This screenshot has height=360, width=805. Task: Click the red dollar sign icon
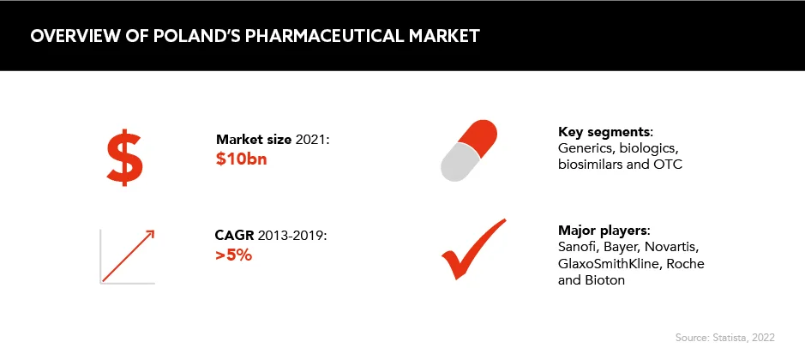point(125,158)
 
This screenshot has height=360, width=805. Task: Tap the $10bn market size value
point(241,159)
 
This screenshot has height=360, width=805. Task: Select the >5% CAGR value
point(233,255)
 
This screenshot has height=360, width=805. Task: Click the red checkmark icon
point(473,249)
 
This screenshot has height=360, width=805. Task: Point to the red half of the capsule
point(478,136)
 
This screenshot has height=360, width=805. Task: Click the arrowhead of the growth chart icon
point(149,236)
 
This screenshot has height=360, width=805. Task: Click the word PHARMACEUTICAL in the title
point(321,36)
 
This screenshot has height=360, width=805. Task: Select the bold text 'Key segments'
point(604,132)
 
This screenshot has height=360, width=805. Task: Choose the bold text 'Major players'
point(604,230)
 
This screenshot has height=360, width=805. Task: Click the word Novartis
point(671,247)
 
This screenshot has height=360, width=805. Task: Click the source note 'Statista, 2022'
point(743,338)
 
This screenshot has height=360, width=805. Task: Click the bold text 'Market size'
point(254,139)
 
